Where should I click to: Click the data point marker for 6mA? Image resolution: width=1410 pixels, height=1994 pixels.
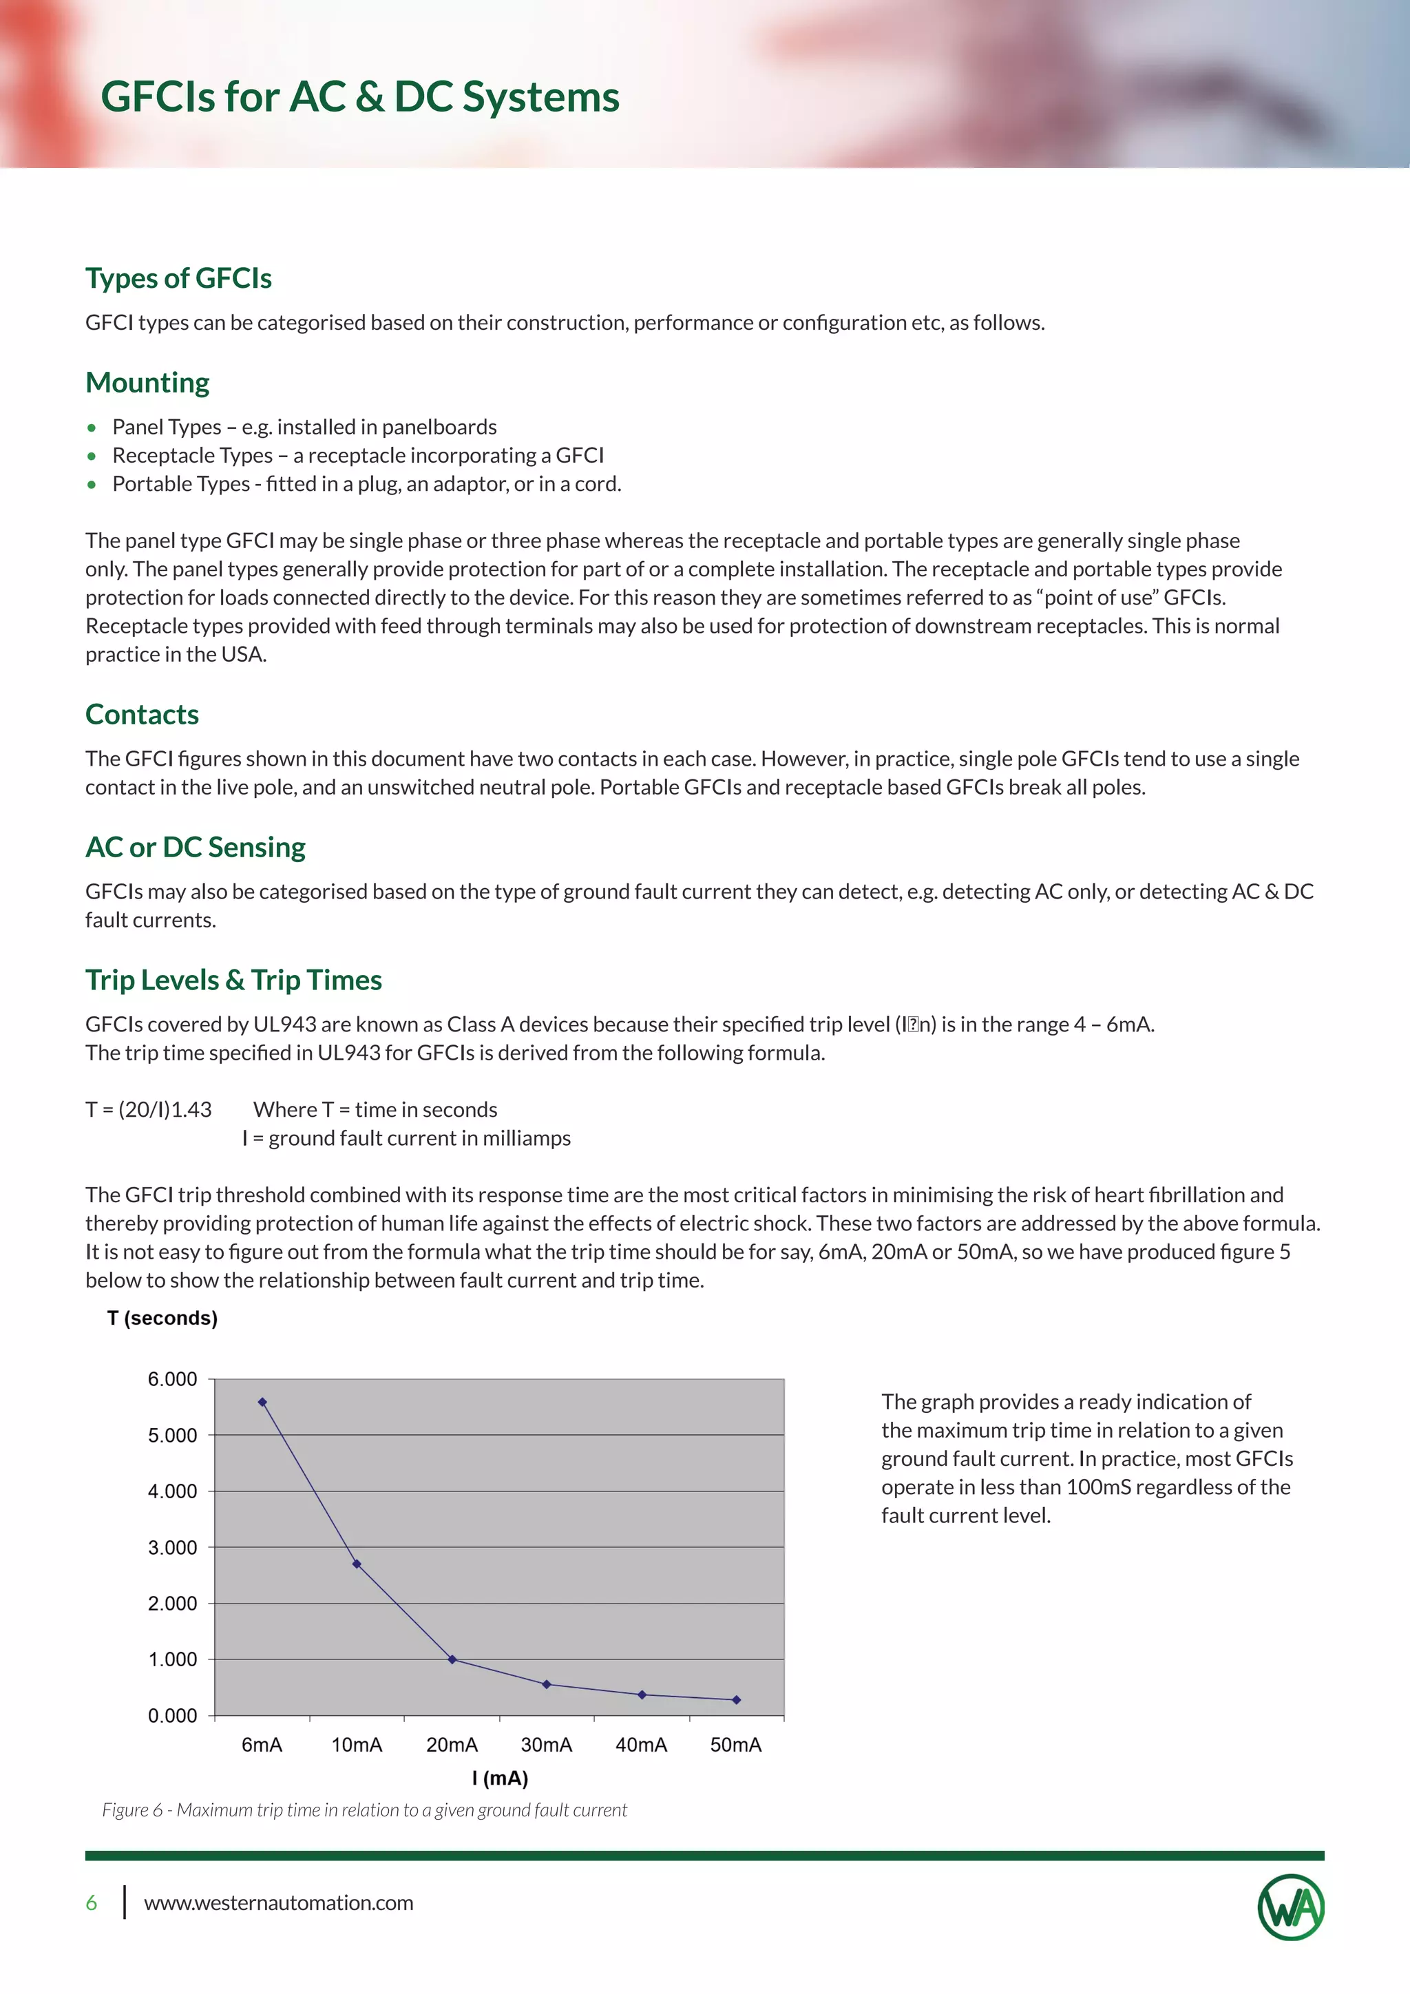tap(262, 1402)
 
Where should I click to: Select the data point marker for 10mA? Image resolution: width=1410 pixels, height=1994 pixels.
tap(357, 1564)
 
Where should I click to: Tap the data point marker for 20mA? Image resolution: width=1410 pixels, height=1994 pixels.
tap(452, 1659)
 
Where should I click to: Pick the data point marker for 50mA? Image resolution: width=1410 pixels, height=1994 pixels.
tap(736, 1699)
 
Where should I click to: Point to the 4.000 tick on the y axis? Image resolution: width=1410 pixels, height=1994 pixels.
tap(173, 1491)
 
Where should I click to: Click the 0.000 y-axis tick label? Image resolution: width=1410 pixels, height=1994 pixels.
tap(173, 1715)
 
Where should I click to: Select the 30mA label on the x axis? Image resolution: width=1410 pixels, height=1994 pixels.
tap(546, 1745)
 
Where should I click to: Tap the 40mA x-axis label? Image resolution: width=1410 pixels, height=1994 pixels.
tap(641, 1745)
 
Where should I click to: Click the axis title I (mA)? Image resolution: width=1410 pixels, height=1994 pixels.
tap(499, 1778)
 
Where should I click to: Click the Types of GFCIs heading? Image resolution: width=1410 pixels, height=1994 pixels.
tap(178, 278)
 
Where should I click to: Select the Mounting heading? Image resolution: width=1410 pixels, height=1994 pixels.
tap(147, 382)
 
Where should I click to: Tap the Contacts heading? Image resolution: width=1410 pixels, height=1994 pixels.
tap(142, 714)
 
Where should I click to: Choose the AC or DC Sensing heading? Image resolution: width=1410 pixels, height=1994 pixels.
tap(196, 847)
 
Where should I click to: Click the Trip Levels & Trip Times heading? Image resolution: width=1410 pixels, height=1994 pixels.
tap(233, 980)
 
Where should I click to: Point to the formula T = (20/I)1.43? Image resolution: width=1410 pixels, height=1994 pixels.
tap(149, 1109)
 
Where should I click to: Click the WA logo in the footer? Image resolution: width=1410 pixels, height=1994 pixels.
tap(1291, 1907)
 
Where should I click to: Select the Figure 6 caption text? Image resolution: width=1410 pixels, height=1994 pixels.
tap(365, 1810)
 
